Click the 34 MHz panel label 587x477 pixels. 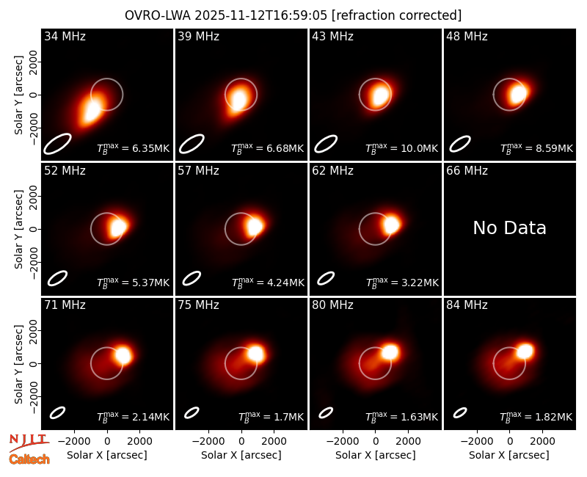(x=65, y=36)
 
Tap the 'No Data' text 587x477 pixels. (x=509, y=227)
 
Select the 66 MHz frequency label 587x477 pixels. (x=467, y=171)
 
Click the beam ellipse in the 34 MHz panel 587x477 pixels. (x=57, y=143)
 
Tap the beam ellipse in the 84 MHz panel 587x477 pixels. (x=460, y=412)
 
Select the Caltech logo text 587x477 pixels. (x=29, y=459)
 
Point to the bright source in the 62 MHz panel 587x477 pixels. (x=391, y=225)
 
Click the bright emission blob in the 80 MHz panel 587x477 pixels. (x=390, y=352)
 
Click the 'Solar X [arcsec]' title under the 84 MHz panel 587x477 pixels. (x=509, y=455)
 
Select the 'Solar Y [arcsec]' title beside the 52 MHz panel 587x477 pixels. (x=19, y=229)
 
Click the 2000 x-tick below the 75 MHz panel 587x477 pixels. (x=274, y=441)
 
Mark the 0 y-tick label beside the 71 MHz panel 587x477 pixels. (x=34, y=363)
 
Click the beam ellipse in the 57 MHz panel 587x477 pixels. (x=192, y=278)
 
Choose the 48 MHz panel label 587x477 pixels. (x=467, y=36)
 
